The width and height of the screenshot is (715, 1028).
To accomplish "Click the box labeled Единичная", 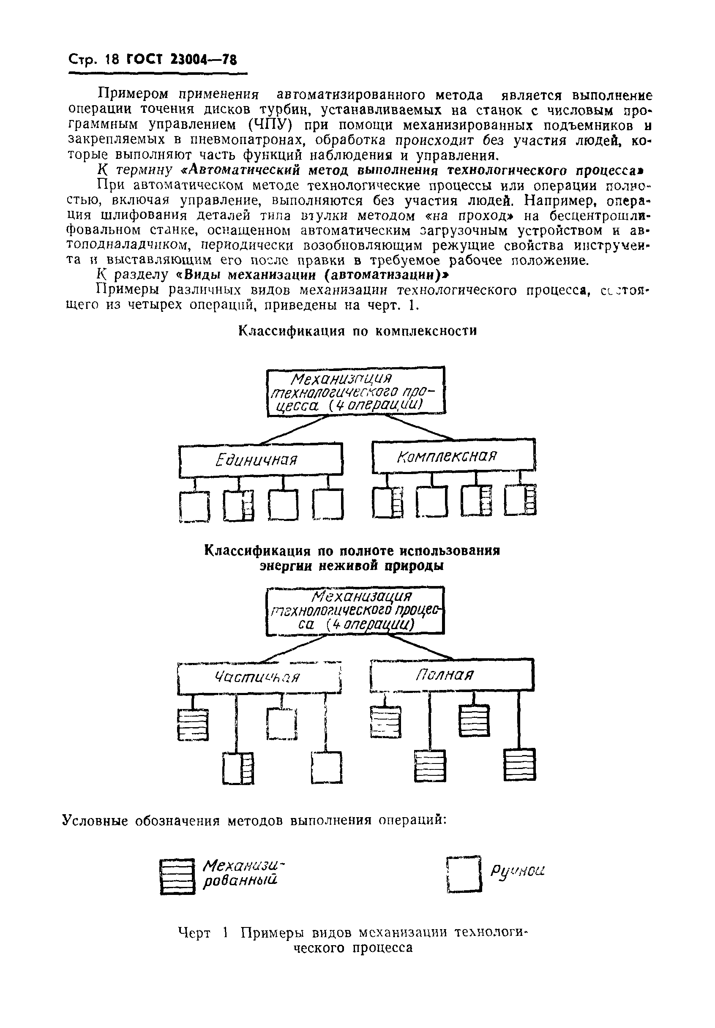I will tap(261, 459).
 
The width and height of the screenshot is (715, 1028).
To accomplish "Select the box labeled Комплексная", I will tap(453, 456).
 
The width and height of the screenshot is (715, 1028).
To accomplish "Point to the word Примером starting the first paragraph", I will tap(134, 95).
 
